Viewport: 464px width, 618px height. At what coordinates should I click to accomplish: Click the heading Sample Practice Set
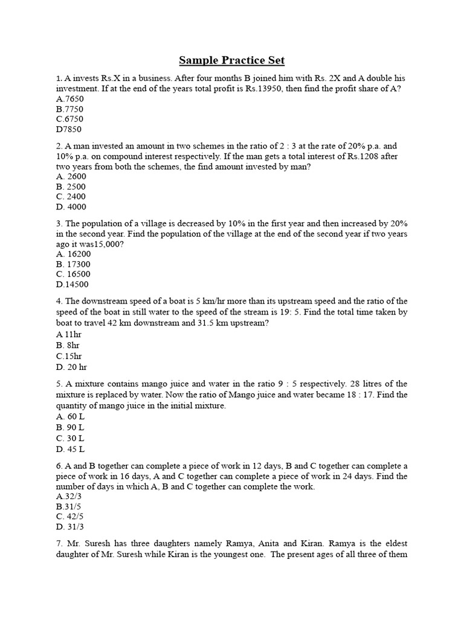tap(232, 60)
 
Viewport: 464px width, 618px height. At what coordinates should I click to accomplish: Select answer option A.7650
tap(69, 99)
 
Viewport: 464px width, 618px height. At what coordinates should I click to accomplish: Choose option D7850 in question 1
tap(68, 129)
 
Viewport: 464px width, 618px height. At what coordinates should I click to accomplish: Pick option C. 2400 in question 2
tap(71, 197)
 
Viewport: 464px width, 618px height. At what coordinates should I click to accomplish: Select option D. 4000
tap(71, 207)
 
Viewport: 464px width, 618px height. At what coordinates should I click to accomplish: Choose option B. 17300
tap(73, 264)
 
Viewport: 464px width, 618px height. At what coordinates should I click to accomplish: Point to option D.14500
tap(72, 285)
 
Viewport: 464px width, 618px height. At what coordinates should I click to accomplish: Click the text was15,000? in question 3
tap(98, 244)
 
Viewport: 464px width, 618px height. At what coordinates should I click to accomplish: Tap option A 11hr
tap(68, 334)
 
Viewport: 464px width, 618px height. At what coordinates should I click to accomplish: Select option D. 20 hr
tap(71, 366)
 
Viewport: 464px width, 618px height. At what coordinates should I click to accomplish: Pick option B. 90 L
tap(70, 428)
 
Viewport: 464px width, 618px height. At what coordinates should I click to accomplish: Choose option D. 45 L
tap(70, 449)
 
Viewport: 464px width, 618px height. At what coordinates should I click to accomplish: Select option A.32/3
tap(69, 496)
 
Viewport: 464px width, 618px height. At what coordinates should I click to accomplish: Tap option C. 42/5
tap(70, 517)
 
